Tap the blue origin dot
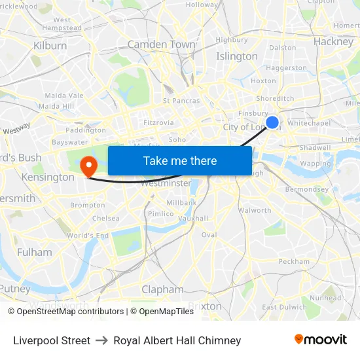point(272,122)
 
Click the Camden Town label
point(161,45)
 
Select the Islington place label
point(237,56)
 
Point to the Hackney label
point(333,41)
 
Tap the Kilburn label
point(50,46)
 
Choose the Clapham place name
point(162,289)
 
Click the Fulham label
point(35,252)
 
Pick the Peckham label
point(294,261)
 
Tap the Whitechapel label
point(309,123)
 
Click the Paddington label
point(86,130)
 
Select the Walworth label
point(255,211)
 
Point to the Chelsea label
point(106,218)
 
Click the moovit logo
point(321,340)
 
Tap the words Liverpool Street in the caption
point(52,340)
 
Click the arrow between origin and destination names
point(101,340)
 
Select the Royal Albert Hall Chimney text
point(177,340)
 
